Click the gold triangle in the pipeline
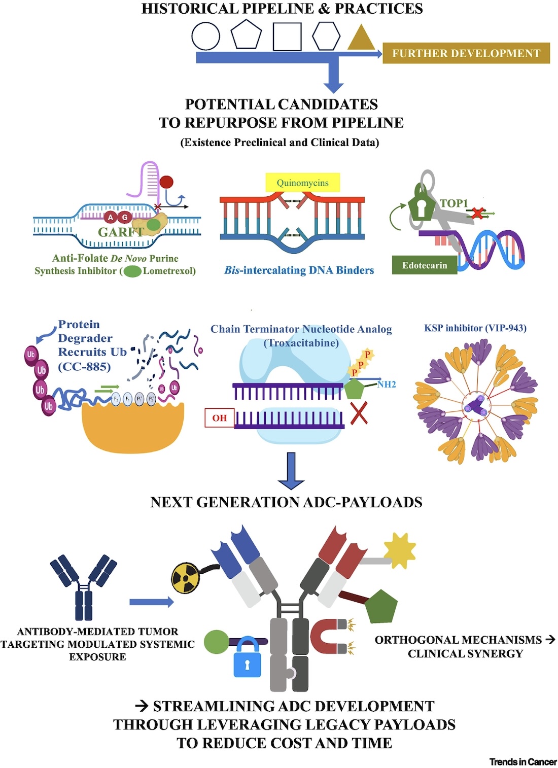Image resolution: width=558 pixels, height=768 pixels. pyautogui.click(x=361, y=39)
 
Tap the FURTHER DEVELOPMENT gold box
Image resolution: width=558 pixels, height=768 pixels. pyautogui.click(x=466, y=53)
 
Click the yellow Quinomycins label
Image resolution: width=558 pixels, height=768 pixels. pyautogui.click(x=302, y=183)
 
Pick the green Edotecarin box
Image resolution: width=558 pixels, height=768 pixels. pyautogui.click(x=425, y=265)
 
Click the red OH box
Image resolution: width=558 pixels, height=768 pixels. pyautogui.click(x=220, y=417)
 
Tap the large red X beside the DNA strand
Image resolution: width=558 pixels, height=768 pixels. pyautogui.click(x=359, y=413)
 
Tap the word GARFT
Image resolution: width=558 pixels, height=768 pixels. pyautogui.click(x=121, y=232)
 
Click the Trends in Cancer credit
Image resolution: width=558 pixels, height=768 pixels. pyautogui.click(x=523, y=761)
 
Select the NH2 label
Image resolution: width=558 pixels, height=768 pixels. pyautogui.click(x=387, y=385)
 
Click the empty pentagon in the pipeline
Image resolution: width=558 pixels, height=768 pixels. pyautogui.click(x=246, y=35)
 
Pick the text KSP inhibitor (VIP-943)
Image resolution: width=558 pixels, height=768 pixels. pyautogui.click(x=475, y=328)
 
